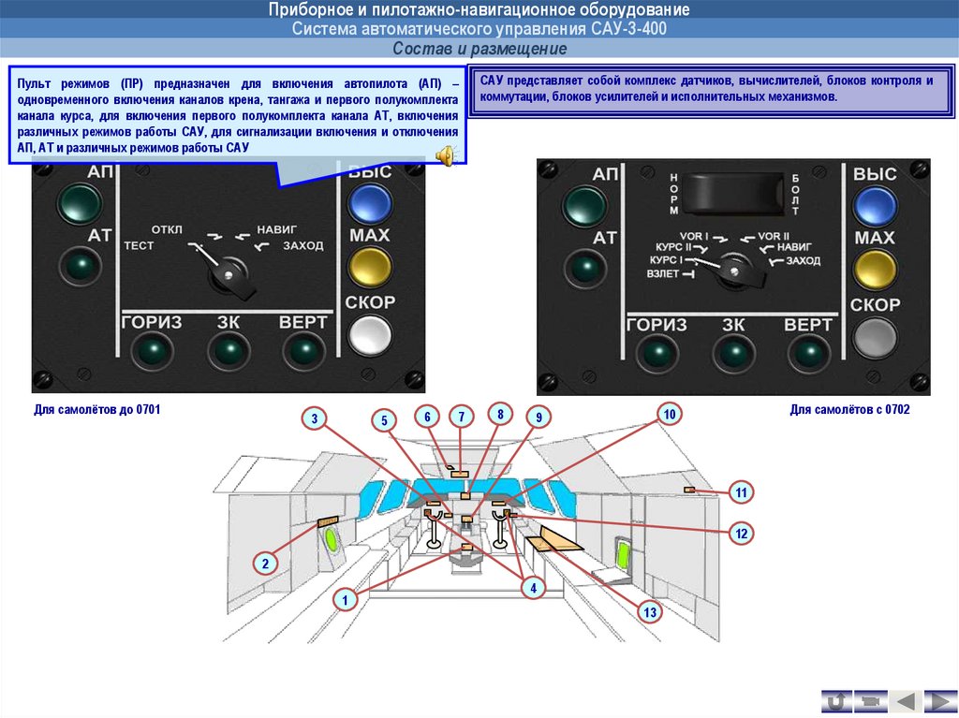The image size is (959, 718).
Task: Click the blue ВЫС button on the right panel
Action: (x=875, y=205)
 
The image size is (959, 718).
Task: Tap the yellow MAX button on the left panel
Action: (x=370, y=266)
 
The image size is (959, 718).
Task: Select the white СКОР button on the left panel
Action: (x=370, y=333)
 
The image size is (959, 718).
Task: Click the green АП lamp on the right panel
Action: (x=586, y=205)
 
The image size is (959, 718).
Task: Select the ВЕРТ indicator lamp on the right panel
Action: (x=807, y=354)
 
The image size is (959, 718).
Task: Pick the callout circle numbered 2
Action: (x=265, y=564)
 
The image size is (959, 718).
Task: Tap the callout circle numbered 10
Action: (x=669, y=415)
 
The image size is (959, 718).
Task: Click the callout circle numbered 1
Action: (x=346, y=600)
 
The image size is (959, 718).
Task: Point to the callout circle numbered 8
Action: (x=501, y=414)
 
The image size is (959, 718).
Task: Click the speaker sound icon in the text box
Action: (x=447, y=156)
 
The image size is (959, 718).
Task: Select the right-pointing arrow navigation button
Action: (x=939, y=700)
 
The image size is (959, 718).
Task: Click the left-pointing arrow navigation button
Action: (x=905, y=700)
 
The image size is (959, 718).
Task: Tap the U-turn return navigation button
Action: (x=836, y=700)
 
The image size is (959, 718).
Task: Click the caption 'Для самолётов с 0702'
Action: (x=849, y=410)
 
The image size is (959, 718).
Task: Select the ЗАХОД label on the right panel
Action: (x=804, y=260)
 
